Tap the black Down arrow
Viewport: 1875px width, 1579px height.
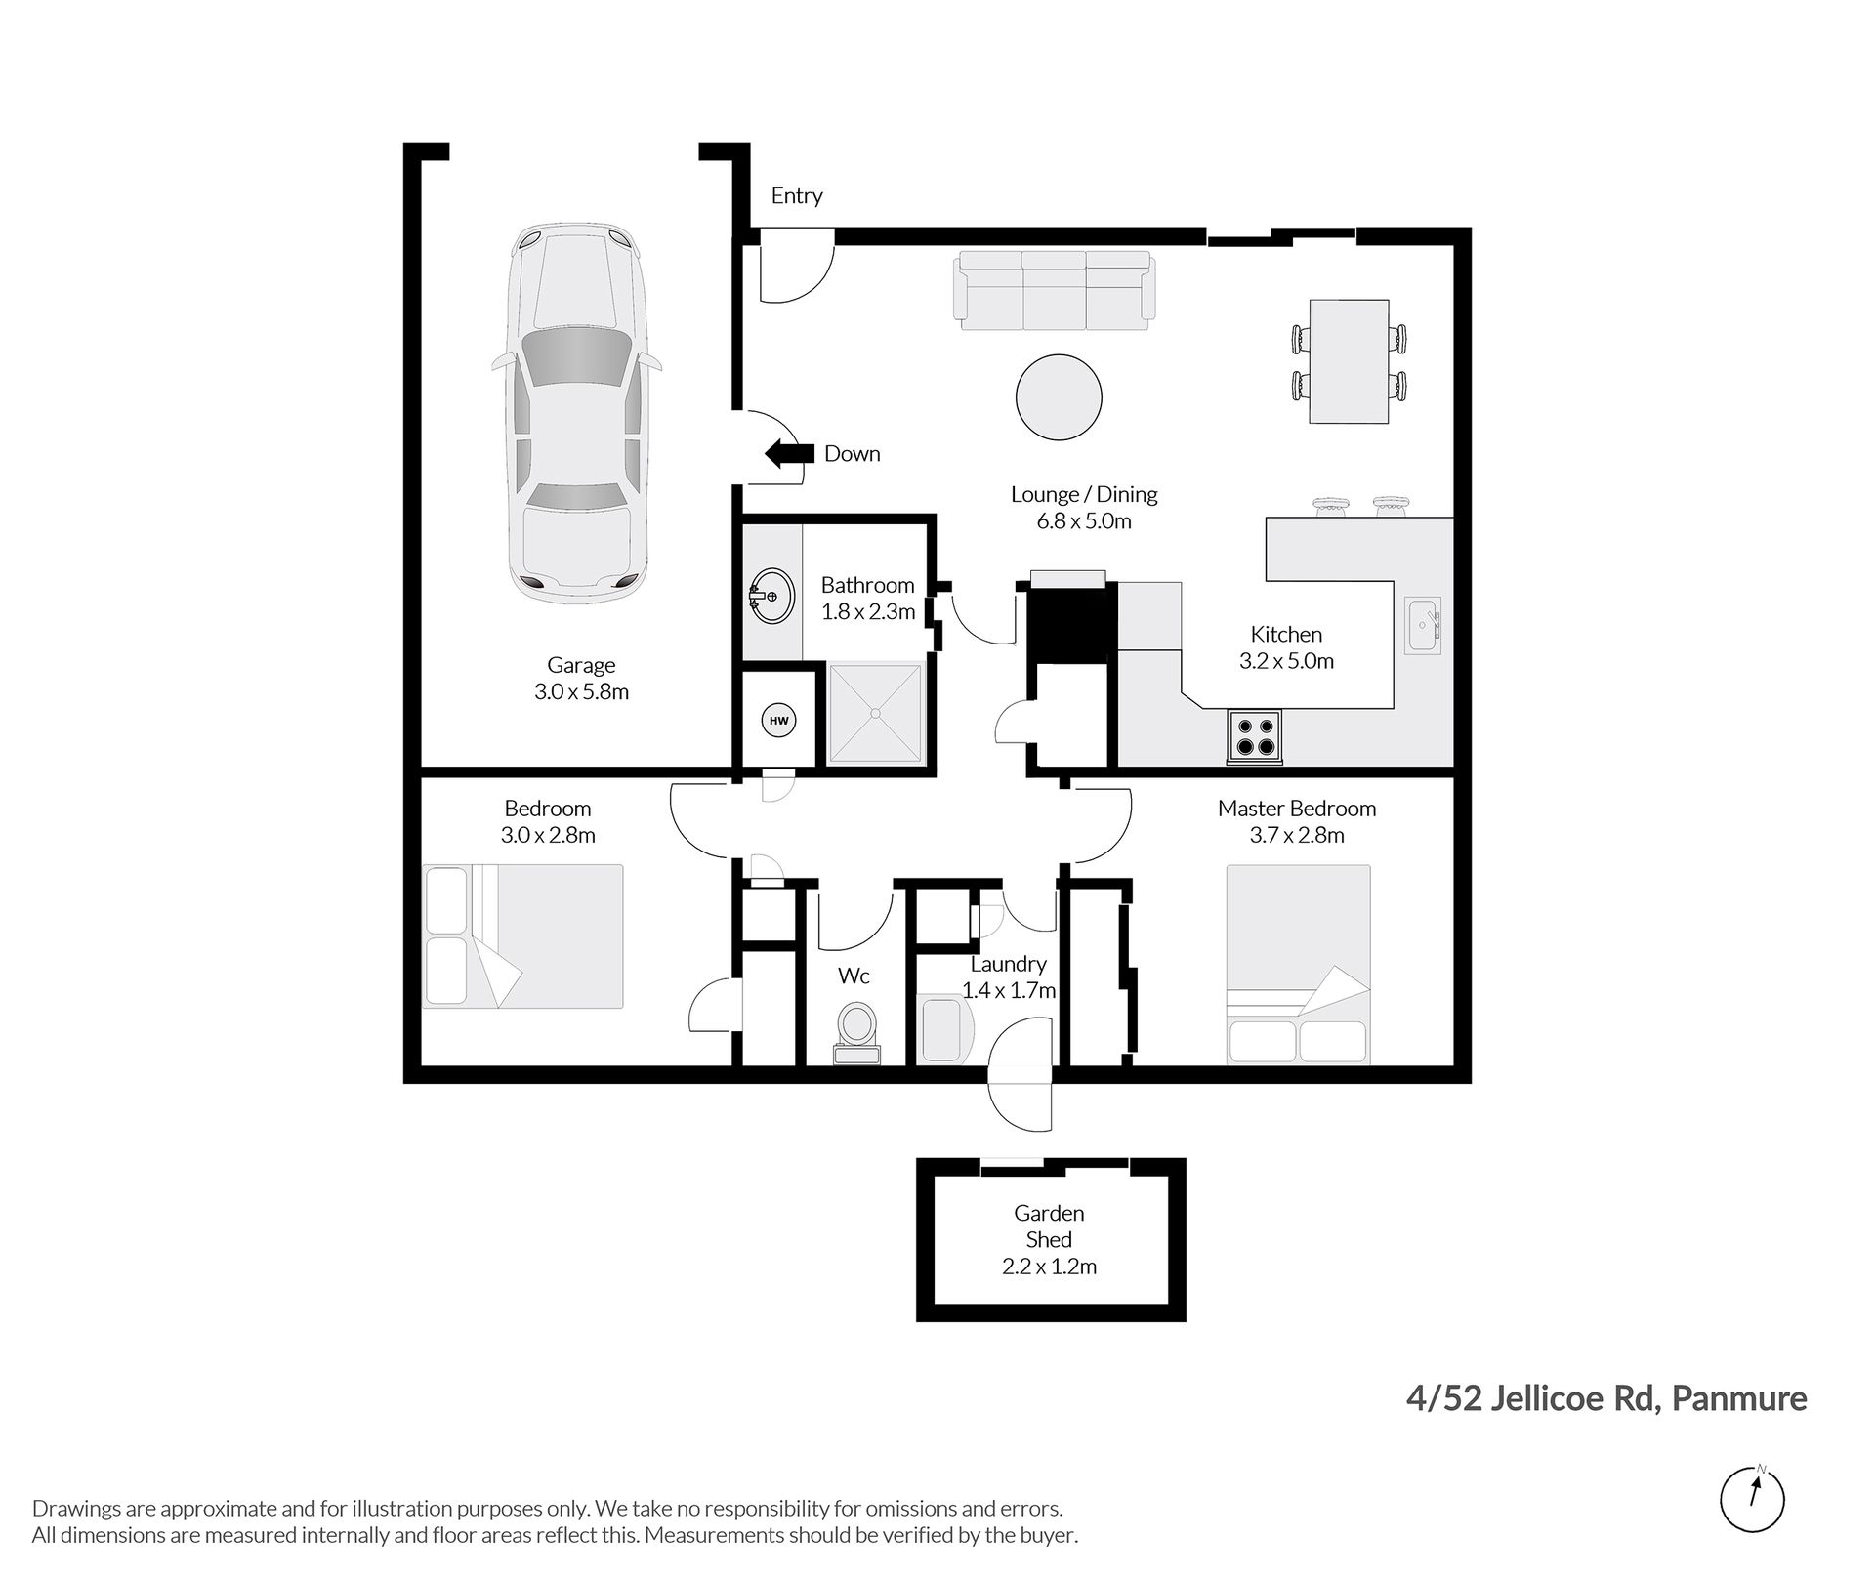789,453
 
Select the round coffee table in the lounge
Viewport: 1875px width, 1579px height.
1059,397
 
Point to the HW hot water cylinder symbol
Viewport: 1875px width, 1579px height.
778,722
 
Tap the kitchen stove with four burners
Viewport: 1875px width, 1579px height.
1255,737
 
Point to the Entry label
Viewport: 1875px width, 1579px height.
797,195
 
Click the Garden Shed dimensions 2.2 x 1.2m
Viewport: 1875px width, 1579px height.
1049,1267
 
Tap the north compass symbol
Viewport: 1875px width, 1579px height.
1752,1499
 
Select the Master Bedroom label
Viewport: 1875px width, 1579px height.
1296,809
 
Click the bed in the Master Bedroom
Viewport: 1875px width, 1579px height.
1298,965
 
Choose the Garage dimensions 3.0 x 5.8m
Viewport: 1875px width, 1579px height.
581,692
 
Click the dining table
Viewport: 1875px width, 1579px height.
1348,361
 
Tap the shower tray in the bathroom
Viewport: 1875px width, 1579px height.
876,714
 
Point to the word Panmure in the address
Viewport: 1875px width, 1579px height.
1739,1399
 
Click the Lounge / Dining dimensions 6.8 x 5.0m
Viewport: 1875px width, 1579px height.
1084,521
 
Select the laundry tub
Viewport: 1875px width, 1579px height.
947,1030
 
